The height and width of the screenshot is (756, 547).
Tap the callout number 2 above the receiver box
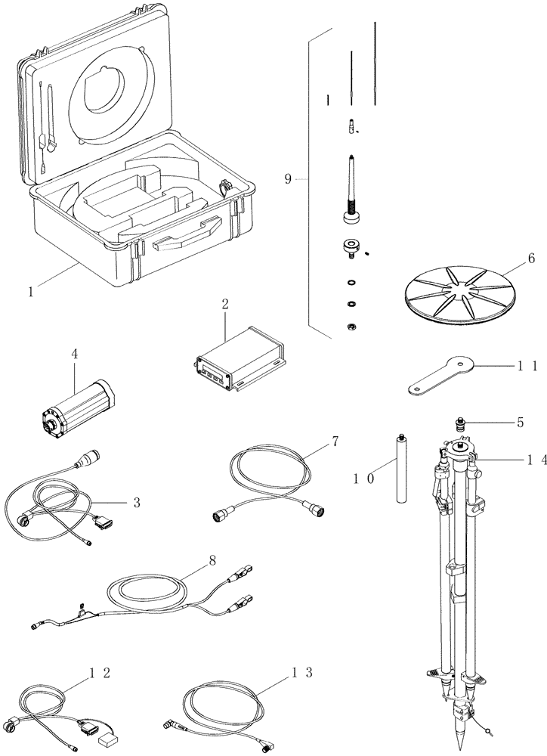point(225,305)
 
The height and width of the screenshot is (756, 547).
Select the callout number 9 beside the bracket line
point(289,178)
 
